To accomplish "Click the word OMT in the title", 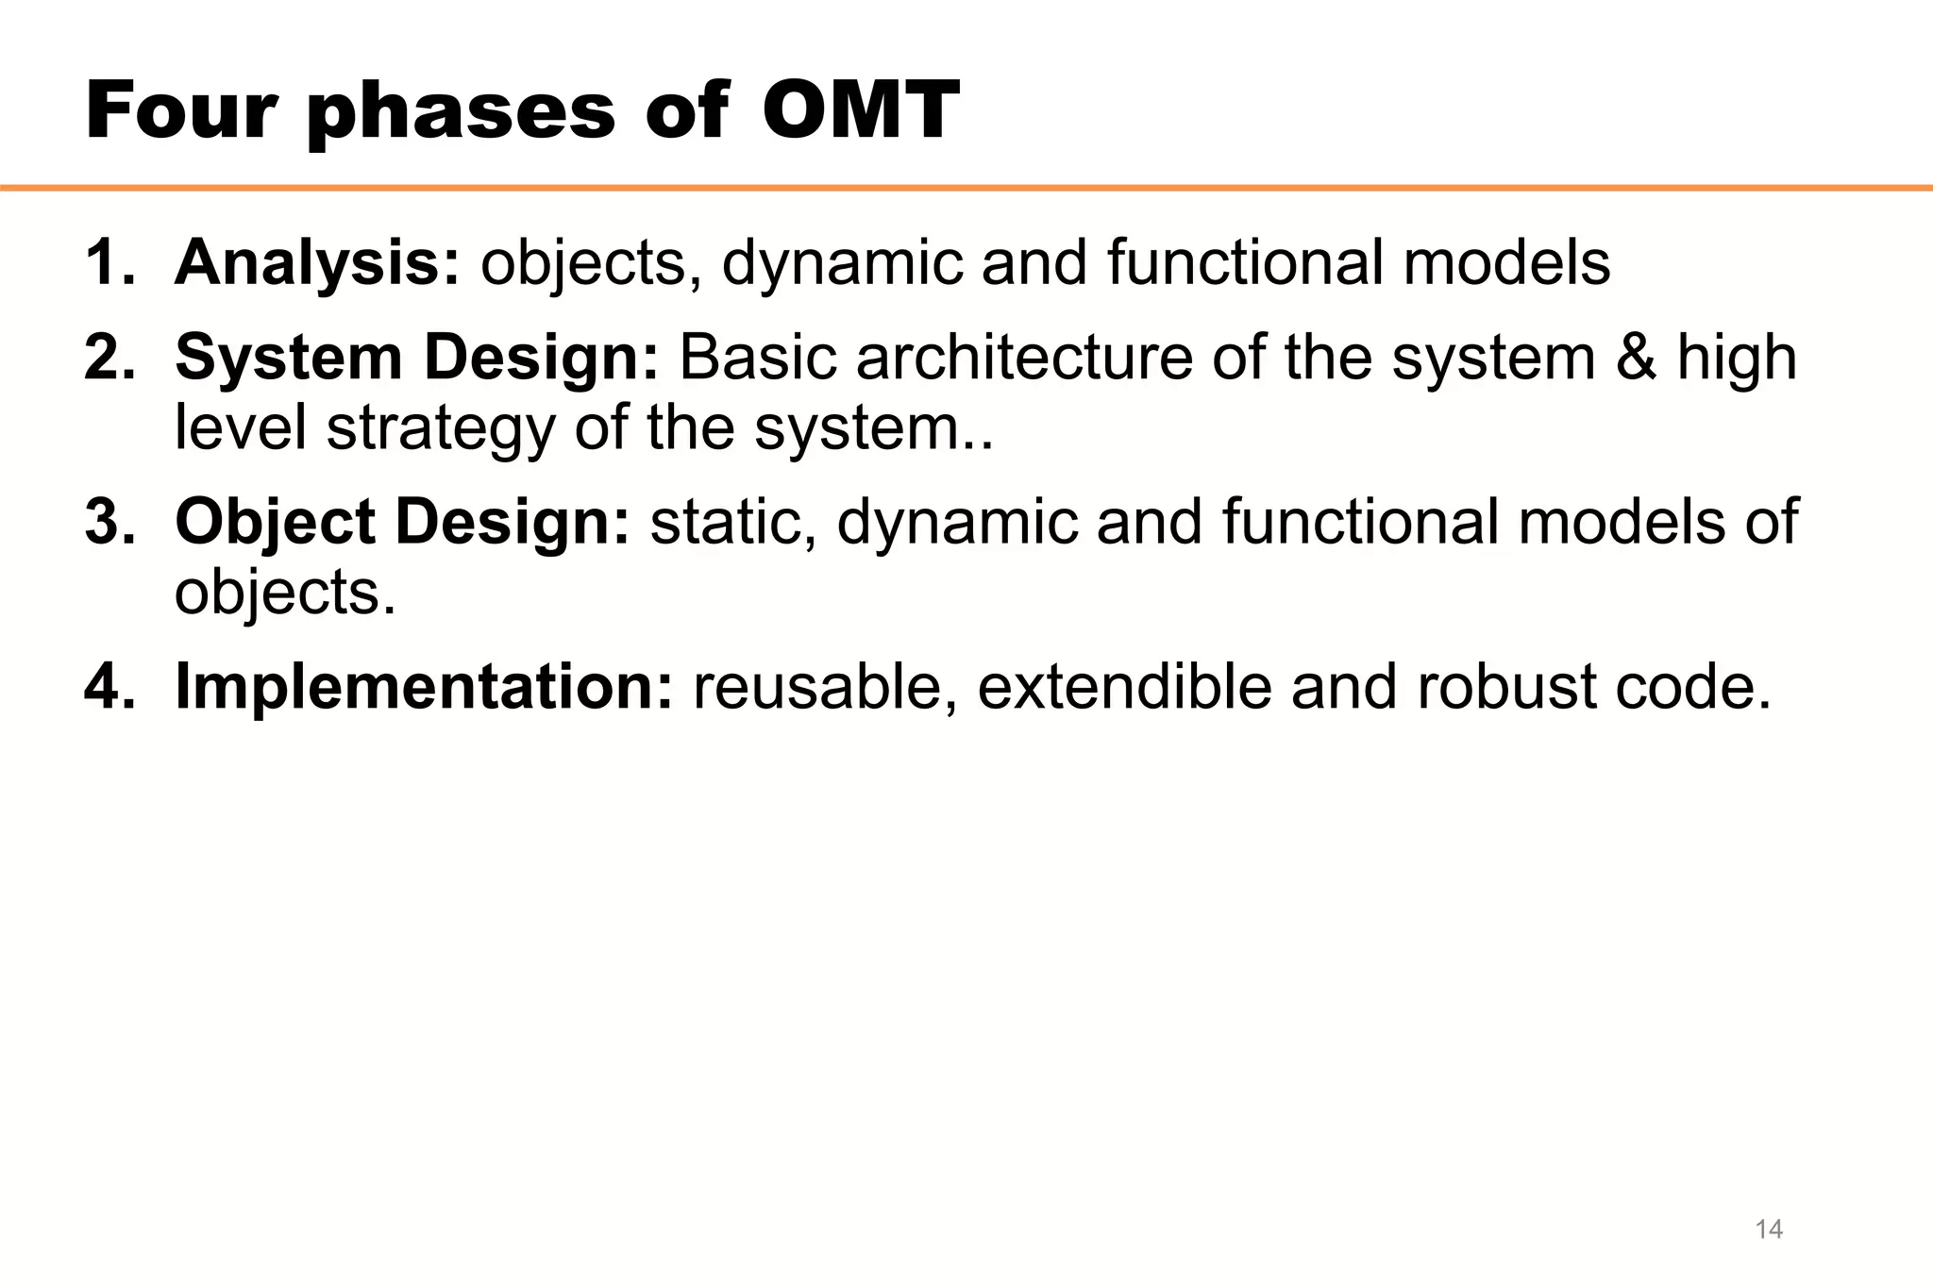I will (x=860, y=111).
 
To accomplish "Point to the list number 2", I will (x=109, y=358).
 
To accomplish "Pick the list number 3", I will (x=109, y=522).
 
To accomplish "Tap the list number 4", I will (x=109, y=686).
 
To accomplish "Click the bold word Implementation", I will (x=424, y=686).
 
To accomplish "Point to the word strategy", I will (x=441, y=430).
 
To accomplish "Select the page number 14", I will (x=1768, y=1229).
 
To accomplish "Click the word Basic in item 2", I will (x=757, y=358).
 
